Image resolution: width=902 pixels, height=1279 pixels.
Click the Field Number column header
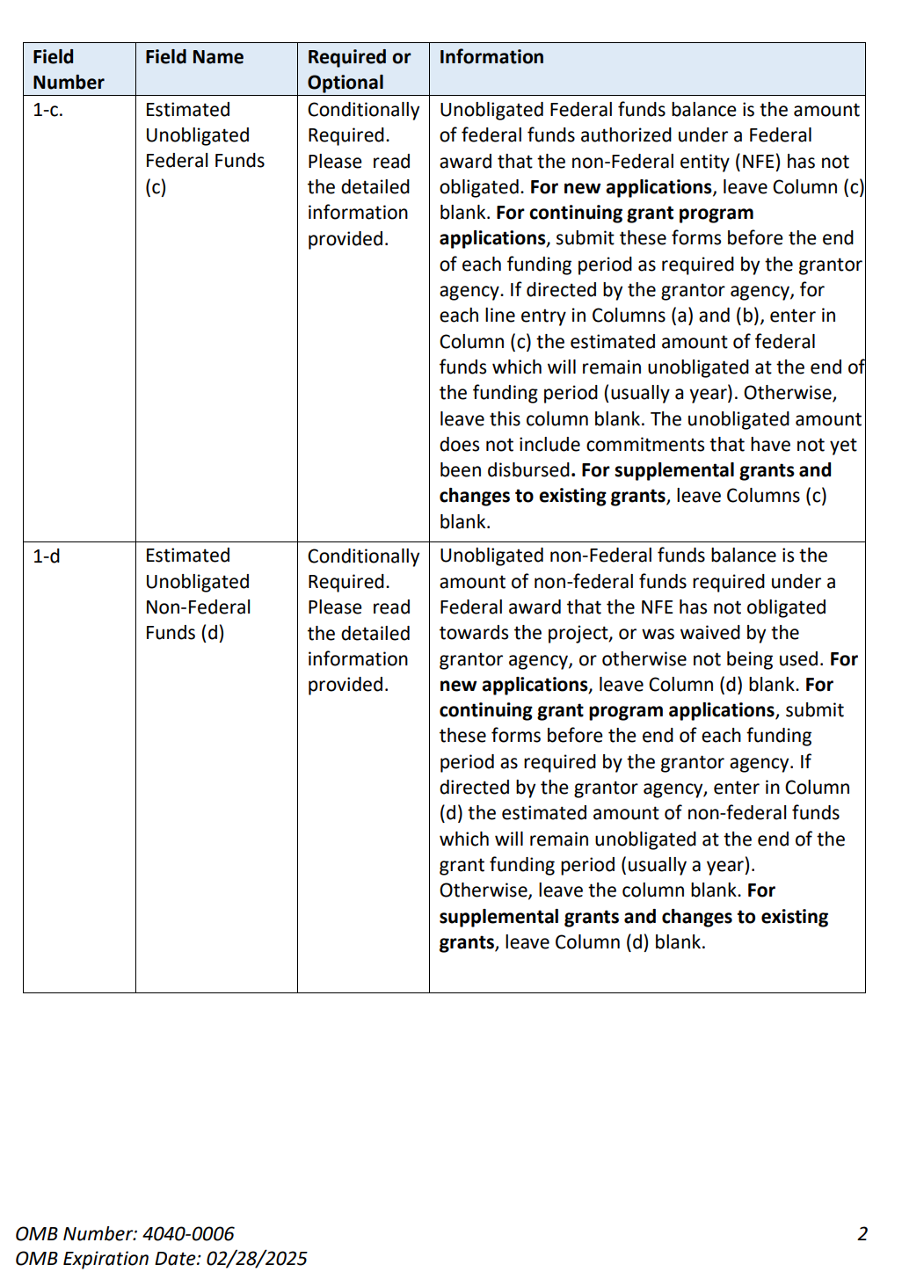coord(68,69)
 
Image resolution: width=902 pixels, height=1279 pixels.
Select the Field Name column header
coord(194,57)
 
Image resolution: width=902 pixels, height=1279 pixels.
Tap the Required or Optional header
coord(359,69)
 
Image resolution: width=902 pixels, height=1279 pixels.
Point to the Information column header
coord(491,57)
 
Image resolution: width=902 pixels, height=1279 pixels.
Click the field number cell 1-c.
coord(48,110)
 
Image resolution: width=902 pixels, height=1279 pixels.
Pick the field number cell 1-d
coord(47,556)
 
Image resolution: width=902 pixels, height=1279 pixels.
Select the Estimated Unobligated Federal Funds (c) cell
coord(205,148)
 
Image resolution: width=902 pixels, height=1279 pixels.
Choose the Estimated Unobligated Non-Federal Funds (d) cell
coord(198,594)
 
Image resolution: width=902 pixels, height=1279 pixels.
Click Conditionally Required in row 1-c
coord(363,122)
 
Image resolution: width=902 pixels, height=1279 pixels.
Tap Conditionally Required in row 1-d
coord(363,569)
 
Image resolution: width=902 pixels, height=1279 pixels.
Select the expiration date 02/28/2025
coord(257,1259)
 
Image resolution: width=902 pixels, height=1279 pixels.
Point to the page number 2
coord(862,1234)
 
